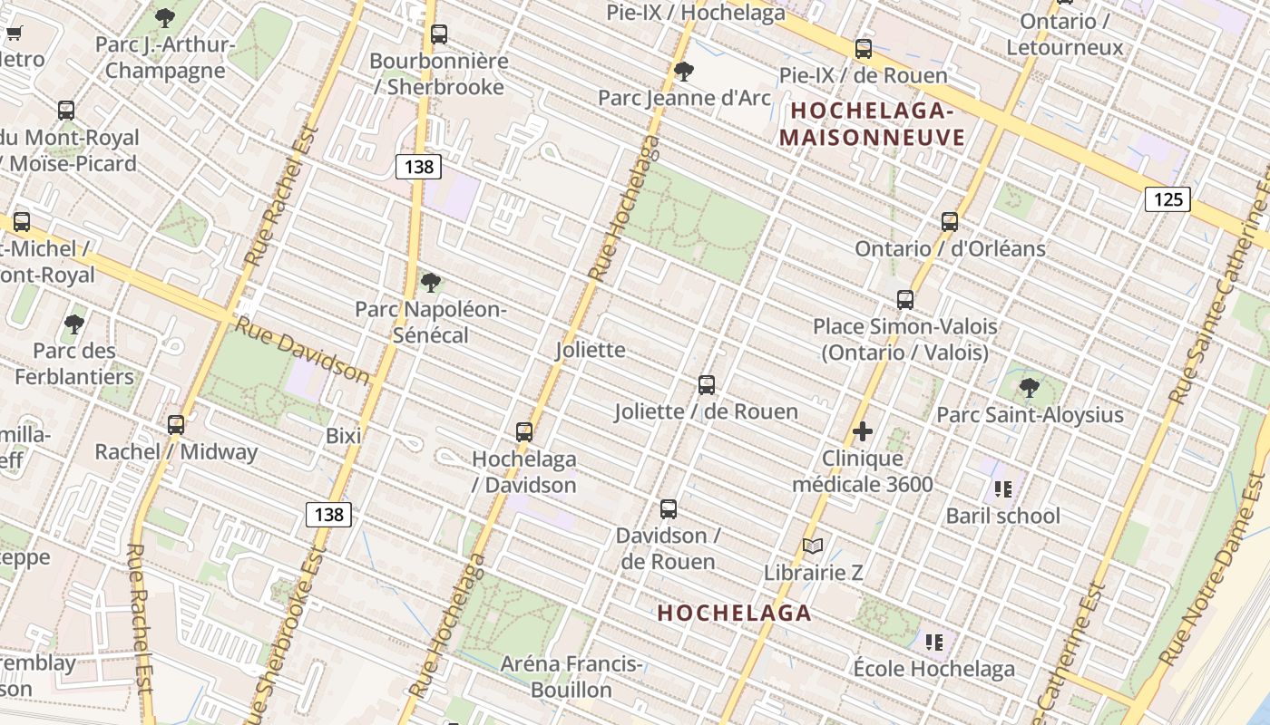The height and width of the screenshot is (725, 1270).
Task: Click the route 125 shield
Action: (1167, 198)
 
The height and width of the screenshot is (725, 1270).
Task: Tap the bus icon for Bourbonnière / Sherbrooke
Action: (439, 34)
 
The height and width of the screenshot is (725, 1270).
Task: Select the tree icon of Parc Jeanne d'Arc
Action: (684, 71)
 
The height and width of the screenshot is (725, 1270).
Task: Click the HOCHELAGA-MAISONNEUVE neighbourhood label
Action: (872, 124)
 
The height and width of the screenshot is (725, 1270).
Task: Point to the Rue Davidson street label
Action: (303, 350)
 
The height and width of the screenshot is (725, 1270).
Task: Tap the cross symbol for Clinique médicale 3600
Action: (863, 431)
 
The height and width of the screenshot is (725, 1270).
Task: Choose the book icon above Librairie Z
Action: (813, 546)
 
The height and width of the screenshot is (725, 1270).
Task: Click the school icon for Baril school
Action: (1002, 489)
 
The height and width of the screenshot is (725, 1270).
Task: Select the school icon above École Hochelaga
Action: (934, 643)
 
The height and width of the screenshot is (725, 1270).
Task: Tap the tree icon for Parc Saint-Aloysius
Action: (1030, 388)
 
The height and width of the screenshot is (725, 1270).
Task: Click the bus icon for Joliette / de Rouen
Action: (707, 385)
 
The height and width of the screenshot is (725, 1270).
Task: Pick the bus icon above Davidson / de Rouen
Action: (669, 508)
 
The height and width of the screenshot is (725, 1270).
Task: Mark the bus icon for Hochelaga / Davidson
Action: (524, 432)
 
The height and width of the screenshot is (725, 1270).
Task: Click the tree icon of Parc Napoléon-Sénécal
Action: (431, 283)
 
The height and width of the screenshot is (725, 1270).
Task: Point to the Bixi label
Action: (344, 436)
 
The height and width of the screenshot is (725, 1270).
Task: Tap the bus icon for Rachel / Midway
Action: (176, 424)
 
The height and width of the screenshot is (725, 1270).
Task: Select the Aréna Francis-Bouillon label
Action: (571, 677)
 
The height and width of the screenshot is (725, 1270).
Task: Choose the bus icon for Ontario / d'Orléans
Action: (950, 221)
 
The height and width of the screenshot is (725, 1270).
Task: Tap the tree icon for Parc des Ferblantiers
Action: (74, 324)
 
